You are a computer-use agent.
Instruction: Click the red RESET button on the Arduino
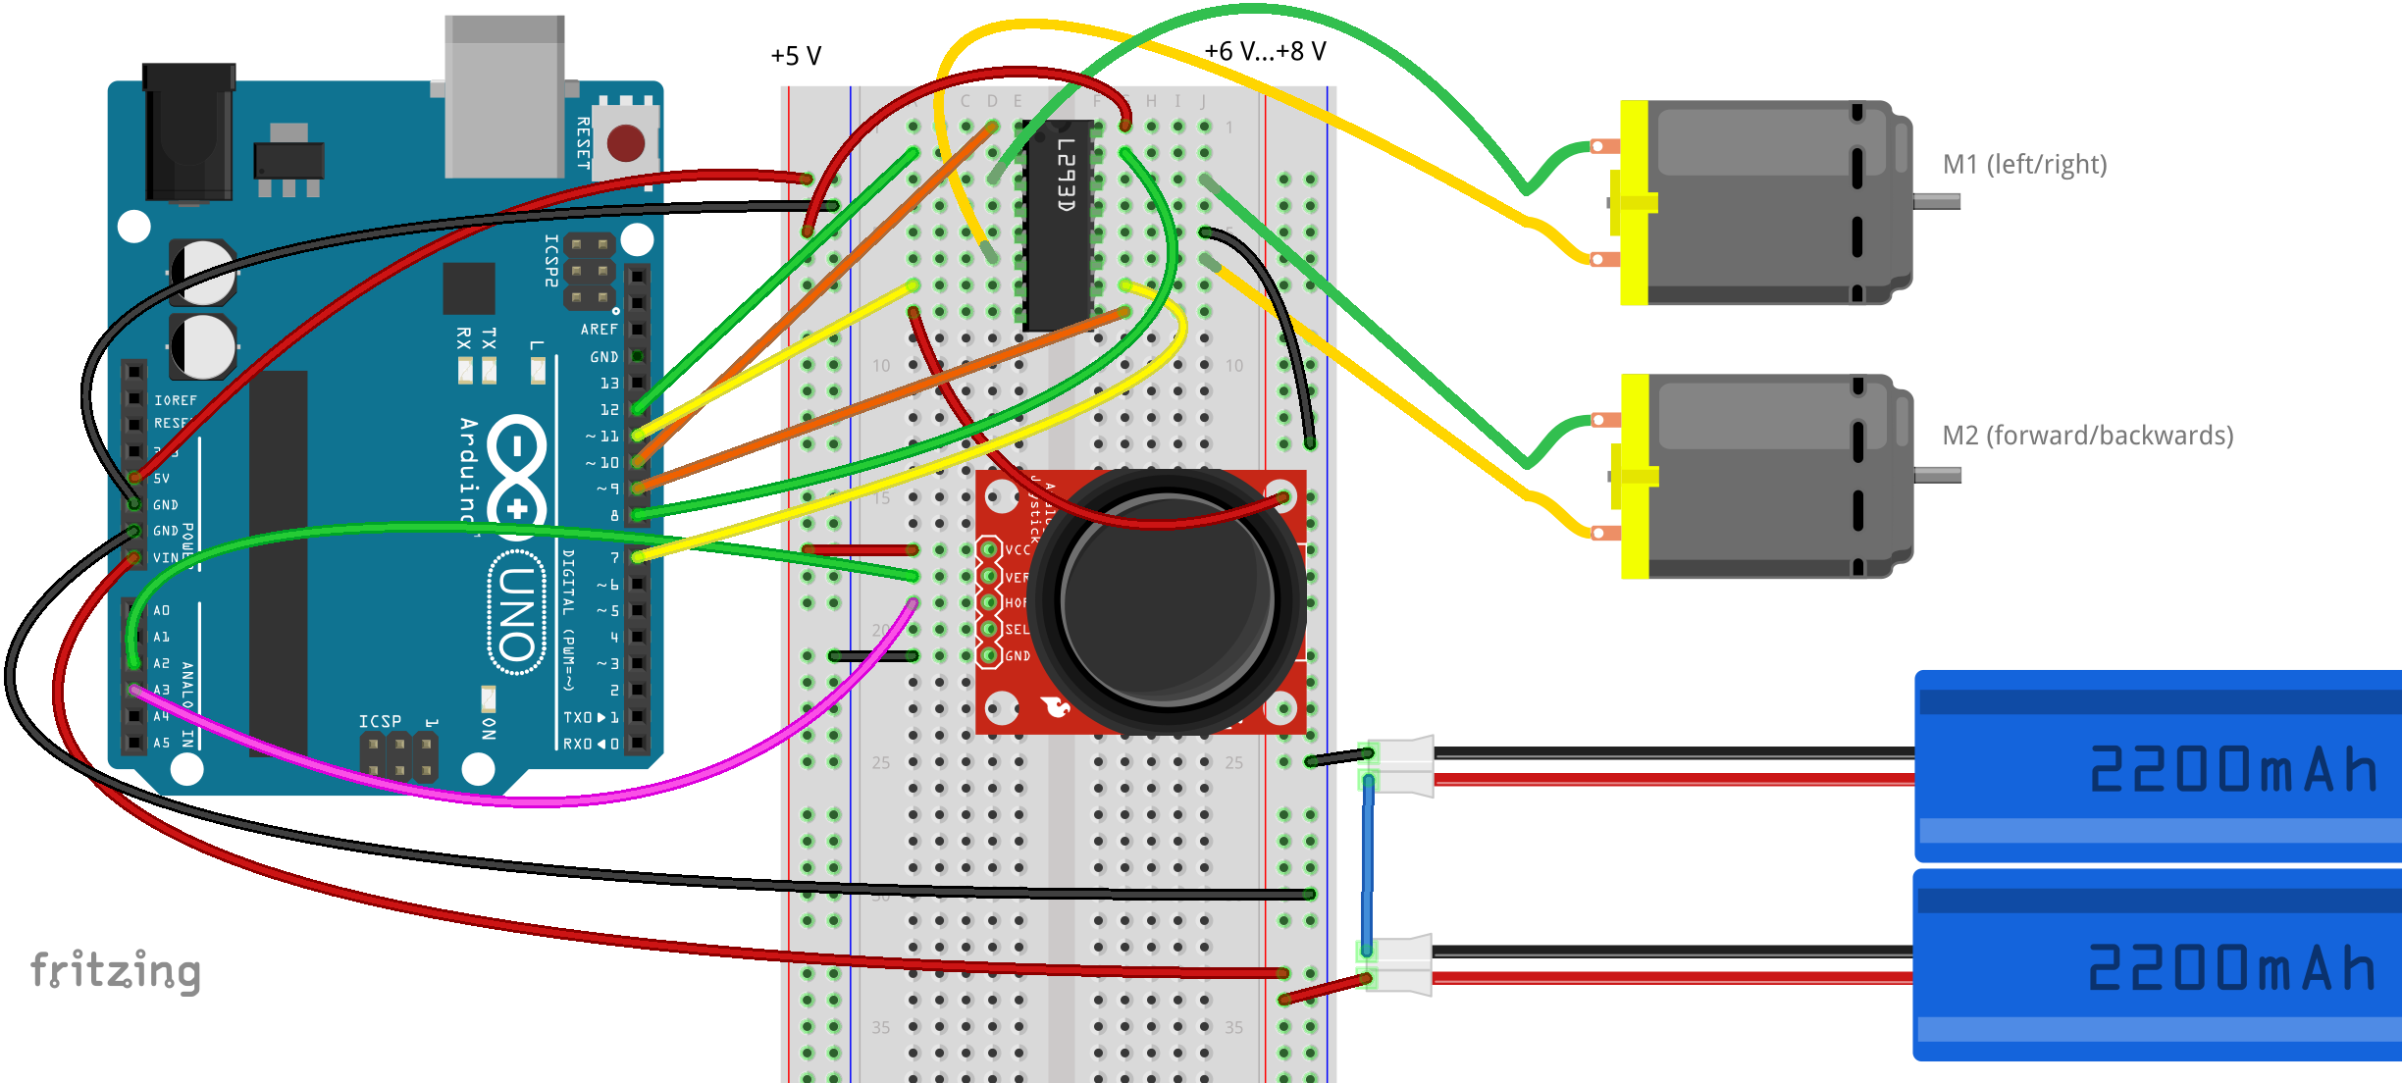click(626, 143)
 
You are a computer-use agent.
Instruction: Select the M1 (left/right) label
click(2024, 164)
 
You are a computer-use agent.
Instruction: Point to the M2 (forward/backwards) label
click(2087, 436)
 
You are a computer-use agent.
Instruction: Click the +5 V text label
click(796, 56)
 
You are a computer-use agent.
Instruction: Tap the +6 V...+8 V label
click(1265, 51)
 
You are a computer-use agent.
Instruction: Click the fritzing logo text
click(116, 971)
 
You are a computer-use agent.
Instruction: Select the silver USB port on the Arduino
click(504, 98)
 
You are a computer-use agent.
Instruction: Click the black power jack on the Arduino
click(188, 132)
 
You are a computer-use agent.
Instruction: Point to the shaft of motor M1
click(1937, 201)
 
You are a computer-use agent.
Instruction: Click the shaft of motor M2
click(1937, 475)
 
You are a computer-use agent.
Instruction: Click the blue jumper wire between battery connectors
click(1367, 863)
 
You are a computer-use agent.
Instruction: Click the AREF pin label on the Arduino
click(599, 330)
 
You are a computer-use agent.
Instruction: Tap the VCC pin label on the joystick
click(1018, 550)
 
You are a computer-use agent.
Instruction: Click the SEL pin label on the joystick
click(1018, 630)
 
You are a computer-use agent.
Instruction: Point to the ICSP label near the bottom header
click(380, 721)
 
